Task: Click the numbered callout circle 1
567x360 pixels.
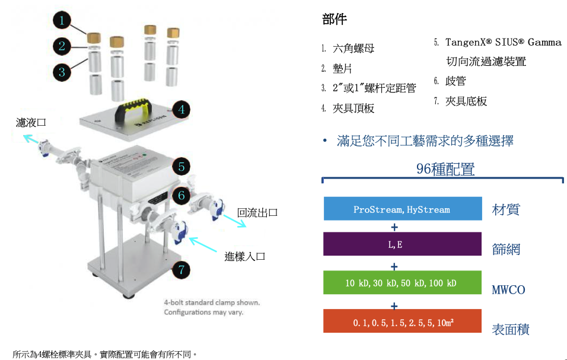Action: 62,20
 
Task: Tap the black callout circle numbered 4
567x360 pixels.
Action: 181,109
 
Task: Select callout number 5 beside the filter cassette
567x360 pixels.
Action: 181,167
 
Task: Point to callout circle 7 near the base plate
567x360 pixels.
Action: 181,270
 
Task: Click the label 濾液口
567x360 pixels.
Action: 31,123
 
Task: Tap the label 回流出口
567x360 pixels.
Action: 257,212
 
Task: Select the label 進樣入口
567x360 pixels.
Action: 245,257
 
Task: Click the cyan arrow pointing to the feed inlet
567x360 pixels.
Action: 203,244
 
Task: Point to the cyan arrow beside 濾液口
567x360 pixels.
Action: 31,139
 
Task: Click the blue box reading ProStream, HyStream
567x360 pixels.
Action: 403,209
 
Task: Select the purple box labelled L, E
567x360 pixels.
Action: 403,244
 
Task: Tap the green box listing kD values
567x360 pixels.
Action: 403,282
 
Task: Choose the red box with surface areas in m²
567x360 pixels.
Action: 403,321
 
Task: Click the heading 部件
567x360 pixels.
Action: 335,19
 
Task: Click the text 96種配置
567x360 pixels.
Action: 445,169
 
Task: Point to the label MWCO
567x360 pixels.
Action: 508,290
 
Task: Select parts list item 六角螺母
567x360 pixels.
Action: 353,49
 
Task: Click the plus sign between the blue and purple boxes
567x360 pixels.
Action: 394,227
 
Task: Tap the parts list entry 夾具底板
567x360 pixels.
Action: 466,101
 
